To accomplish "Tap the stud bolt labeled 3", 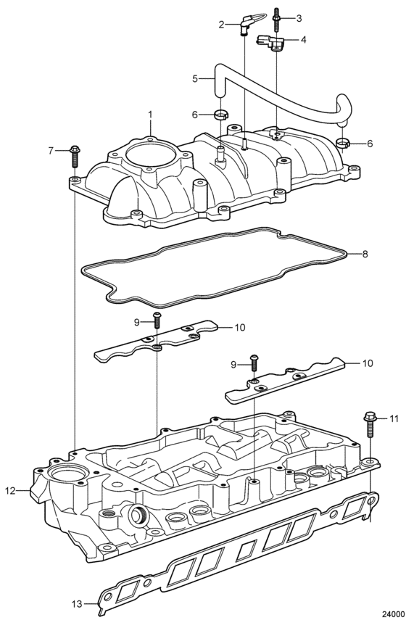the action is tap(276, 19).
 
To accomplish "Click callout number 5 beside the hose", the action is tap(194, 78).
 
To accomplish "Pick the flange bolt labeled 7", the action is tap(75, 157).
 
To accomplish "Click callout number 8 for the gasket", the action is tap(365, 254).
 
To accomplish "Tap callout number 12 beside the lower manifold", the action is tap(10, 491).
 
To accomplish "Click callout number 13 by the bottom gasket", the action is tap(77, 604).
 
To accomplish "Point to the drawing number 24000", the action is tap(392, 613).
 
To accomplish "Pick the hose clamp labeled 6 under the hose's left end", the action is tap(221, 115).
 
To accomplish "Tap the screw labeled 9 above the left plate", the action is tap(157, 320).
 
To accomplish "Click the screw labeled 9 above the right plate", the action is tap(254, 362).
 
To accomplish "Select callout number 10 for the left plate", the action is tap(239, 327).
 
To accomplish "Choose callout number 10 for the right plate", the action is tap(368, 363).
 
